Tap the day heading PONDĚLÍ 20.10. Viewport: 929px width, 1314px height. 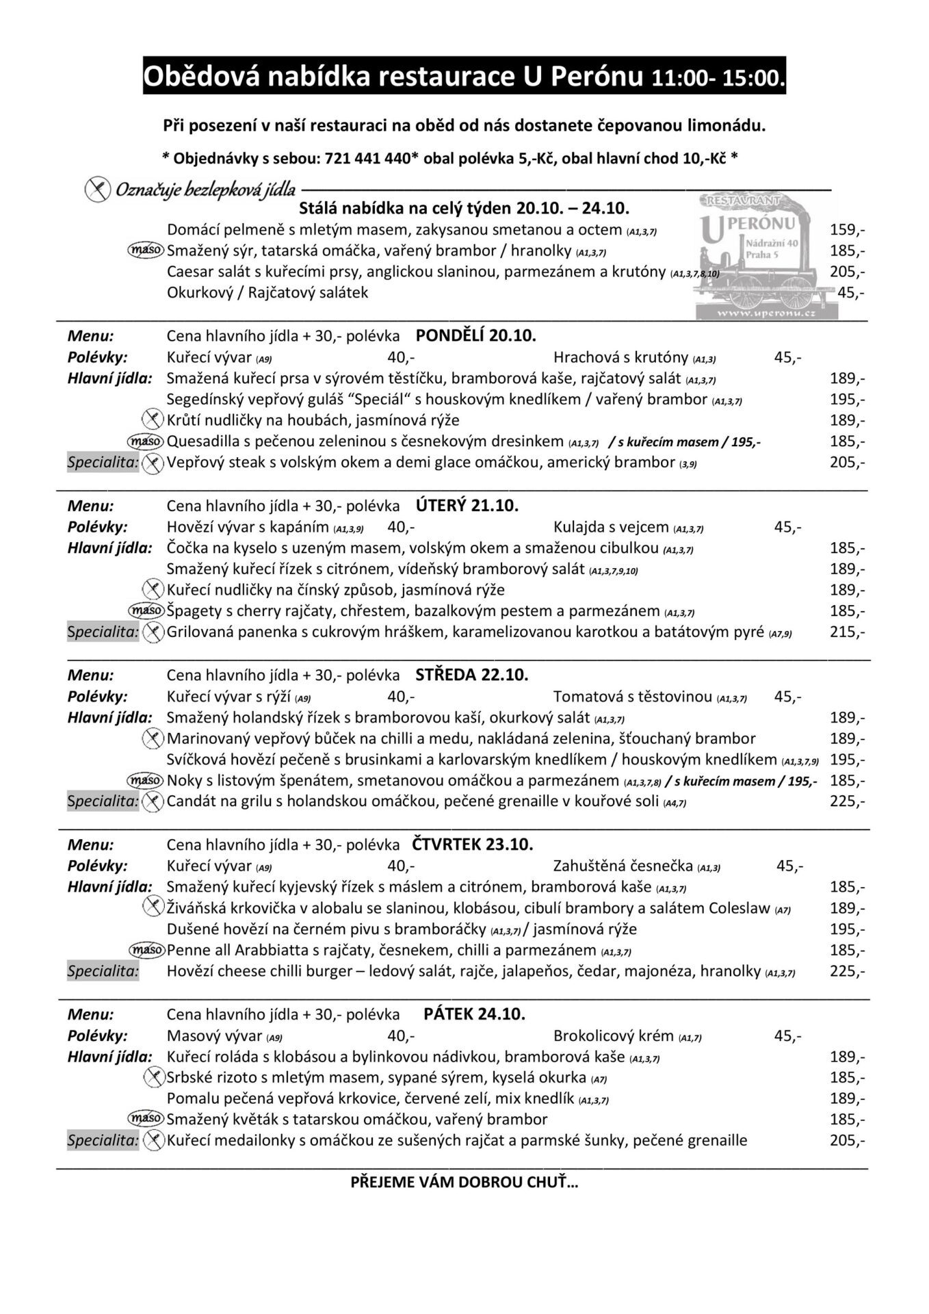coord(476,335)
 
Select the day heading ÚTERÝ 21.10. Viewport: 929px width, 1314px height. coord(467,506)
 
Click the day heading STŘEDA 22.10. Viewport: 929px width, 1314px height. coord(472,675)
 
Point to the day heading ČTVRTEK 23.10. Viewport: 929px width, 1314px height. coord(473,844)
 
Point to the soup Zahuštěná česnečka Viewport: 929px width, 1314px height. coord(623,866)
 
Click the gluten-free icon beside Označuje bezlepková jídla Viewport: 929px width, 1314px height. coord(98,188)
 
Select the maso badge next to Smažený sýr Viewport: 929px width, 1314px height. coord(146,250)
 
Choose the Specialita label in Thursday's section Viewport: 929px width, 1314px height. coord(103,971)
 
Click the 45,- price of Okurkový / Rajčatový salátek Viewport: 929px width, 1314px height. coord(851,293)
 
